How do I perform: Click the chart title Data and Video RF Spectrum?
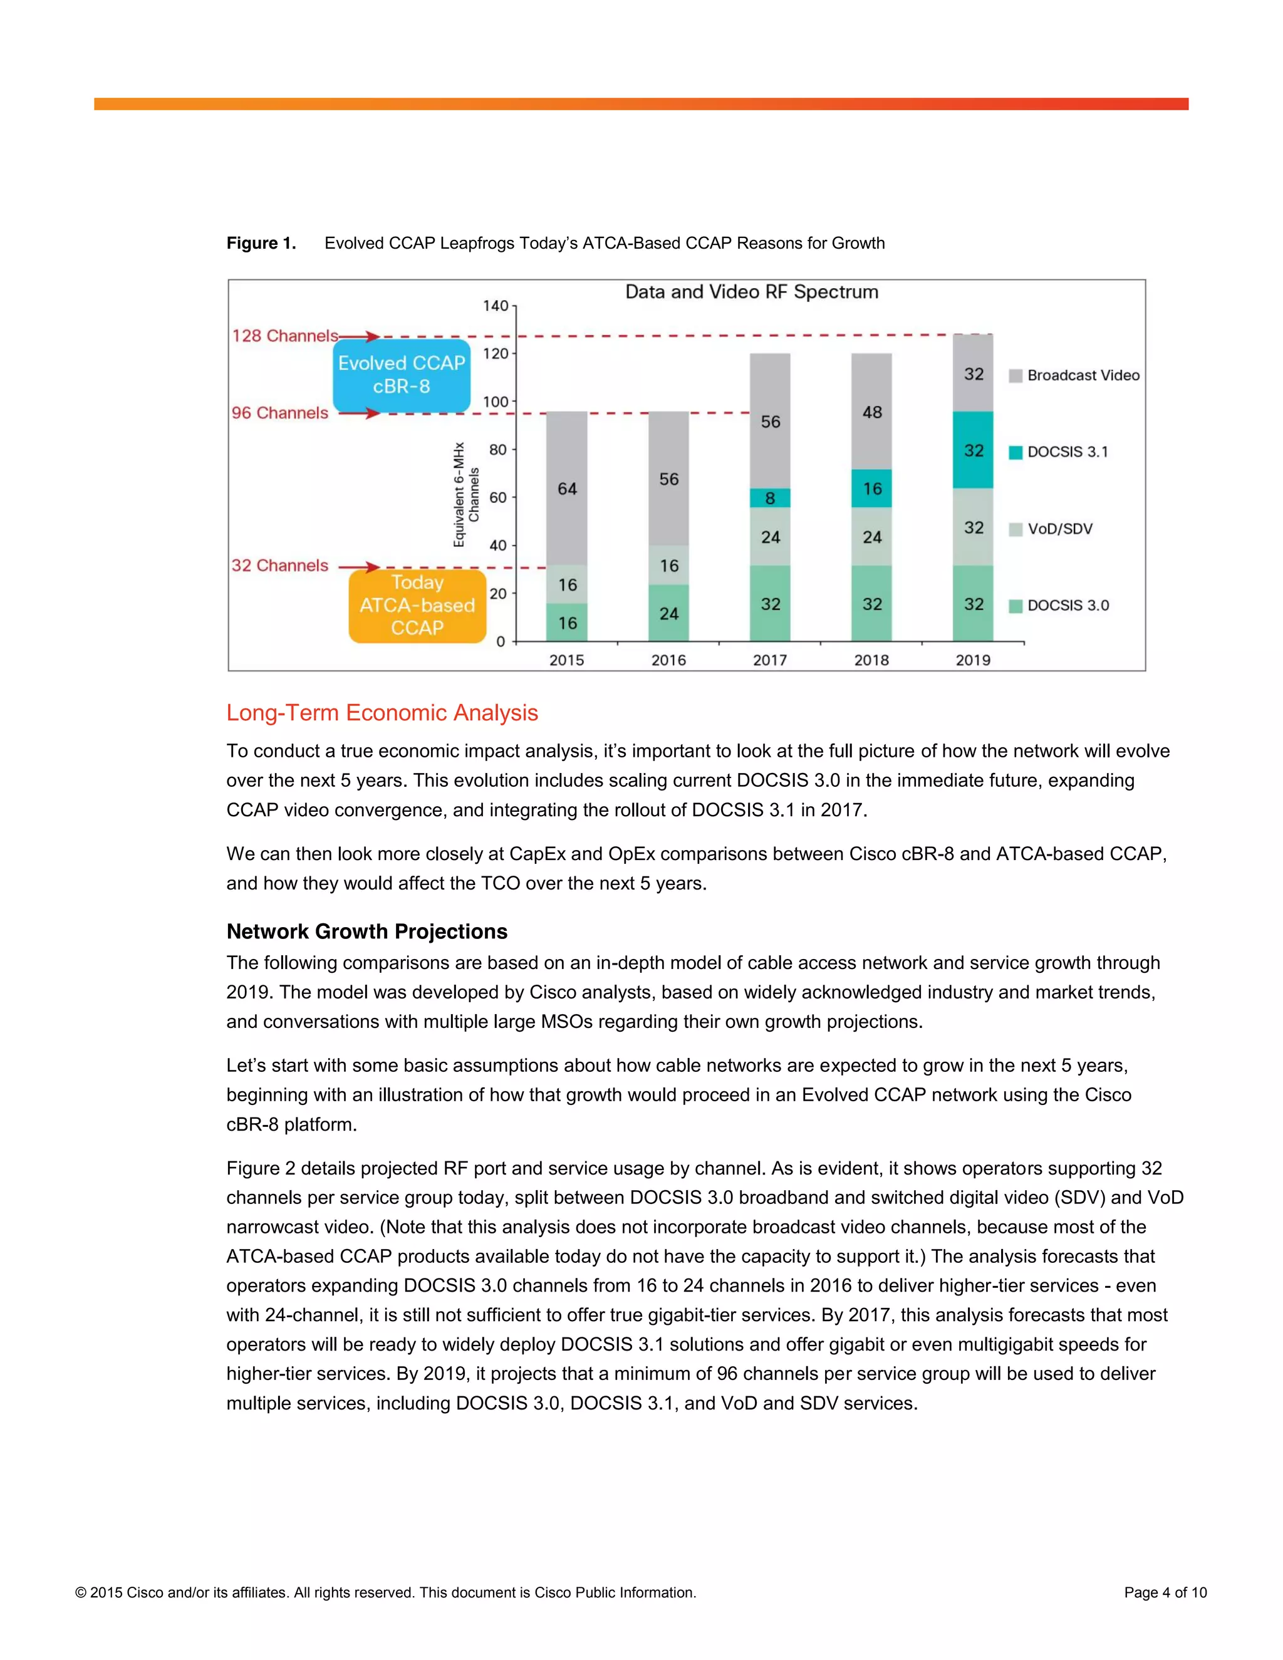751,292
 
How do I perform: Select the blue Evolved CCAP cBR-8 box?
402,375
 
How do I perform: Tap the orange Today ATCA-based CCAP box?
417,605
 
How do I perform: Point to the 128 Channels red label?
285,336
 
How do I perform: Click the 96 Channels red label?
279,413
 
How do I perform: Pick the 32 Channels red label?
279,566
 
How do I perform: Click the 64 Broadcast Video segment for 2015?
567,488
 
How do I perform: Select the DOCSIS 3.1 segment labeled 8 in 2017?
770,498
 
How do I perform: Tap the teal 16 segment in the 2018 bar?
872,488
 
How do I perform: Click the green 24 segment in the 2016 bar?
669,613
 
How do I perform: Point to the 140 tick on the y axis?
496,306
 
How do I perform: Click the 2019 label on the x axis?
973,660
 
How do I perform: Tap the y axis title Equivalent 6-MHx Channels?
466,495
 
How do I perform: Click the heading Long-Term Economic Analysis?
382,713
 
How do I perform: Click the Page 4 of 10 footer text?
1165,1592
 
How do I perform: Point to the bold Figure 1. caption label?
261,243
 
